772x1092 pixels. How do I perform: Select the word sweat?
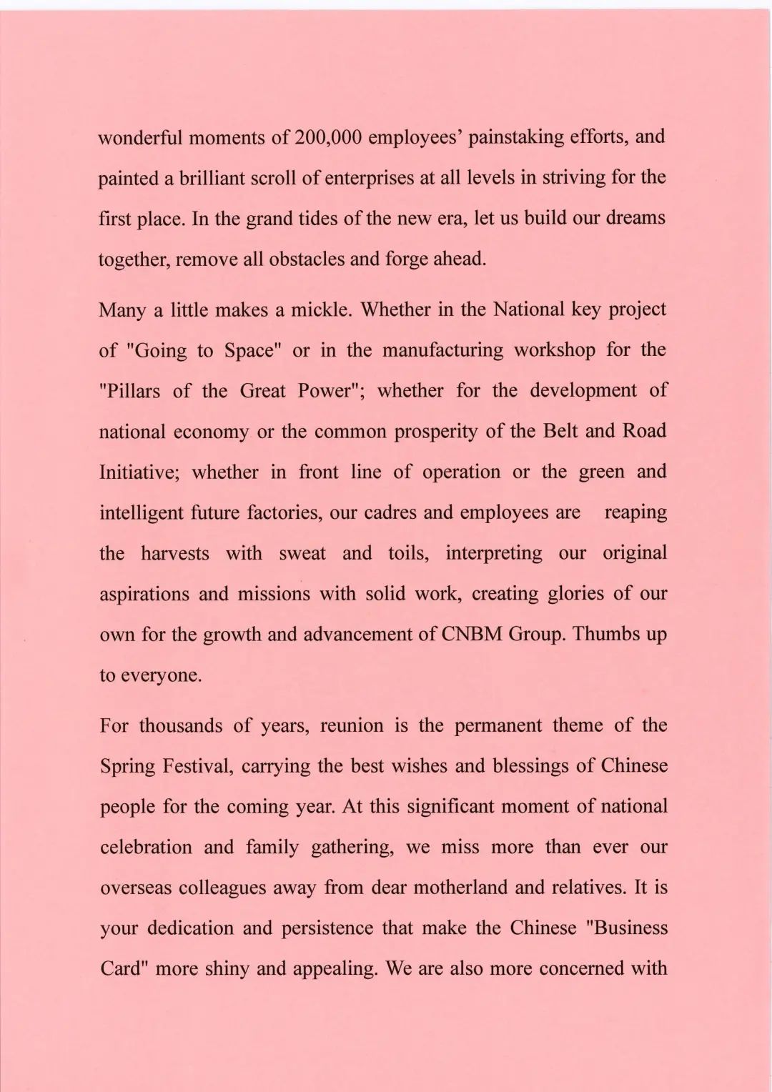303,553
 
